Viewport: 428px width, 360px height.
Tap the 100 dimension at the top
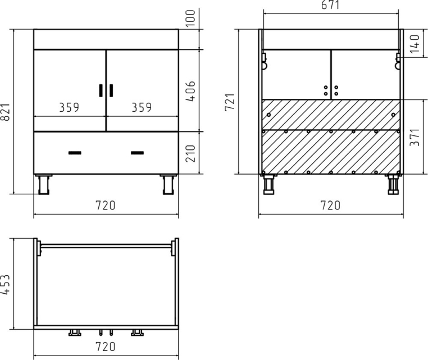(190, 18)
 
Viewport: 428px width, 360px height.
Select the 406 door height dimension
(190, 91)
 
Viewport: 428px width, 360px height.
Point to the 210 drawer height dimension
(190, 153)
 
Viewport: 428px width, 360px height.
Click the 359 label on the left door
(69, 107)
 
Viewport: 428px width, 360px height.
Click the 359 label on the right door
(142, 107)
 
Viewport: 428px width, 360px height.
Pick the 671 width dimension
(330, 5)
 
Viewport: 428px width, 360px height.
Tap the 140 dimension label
(415, 44)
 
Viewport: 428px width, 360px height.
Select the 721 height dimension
(230, 102)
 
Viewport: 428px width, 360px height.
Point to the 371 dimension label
(415, 137)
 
